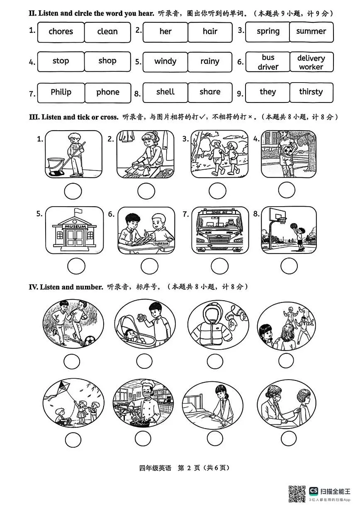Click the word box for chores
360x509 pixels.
point(61,32)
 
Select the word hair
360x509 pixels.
point(210,31)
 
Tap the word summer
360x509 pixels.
point(311,31)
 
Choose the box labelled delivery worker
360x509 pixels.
point(311,62)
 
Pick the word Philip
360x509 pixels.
point(61,92)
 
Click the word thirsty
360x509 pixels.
point(311,92)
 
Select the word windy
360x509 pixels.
point(165,61)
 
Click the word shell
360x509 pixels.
point(165,92)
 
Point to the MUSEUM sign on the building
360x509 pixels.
point(75,226)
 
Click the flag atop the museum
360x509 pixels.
point(78,211)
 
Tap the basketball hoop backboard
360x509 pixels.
point(277,214)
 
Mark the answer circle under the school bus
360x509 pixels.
point(219,266)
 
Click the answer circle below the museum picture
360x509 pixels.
point(76,266)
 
